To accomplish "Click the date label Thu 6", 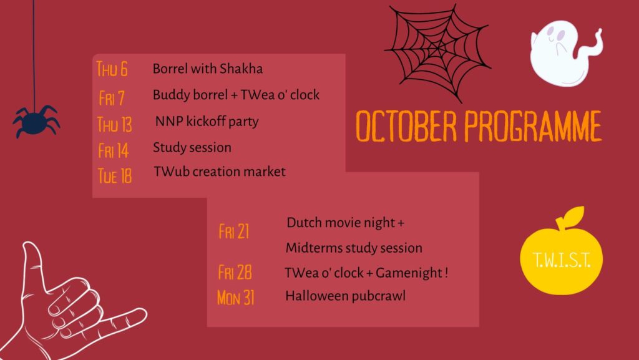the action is pyautogui.click(x=112, y=69).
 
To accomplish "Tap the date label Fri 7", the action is pyautogui.click(x=111, y=98).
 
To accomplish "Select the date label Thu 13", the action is pyautogui.click(x=115, y=124).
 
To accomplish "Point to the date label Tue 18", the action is pyautogui.click(x=115, y=176).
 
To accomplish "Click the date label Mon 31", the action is pyautogui.click(x=236, y=297).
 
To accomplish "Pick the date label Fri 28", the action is pyautogui.click(x=235, y=272).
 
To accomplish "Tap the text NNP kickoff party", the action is pyautogui.click(x=207, y=122).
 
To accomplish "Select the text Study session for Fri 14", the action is pyautogui.click(x=192, y=147).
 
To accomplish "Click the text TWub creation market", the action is pyautogui.click(x=220, y=172).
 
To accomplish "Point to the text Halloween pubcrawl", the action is pyautogui.click(x=346, y=296).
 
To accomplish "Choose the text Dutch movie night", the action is pyautogui.click(x=341, y=222).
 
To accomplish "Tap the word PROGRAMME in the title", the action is pyautogui.click(x=533, y=126).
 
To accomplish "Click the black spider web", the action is pyautogui.click(x=437, y=51).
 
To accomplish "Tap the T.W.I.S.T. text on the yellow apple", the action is pyautogui.click(x=561, y=260).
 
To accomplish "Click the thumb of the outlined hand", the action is pyautogui.click(x=32, y=265).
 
